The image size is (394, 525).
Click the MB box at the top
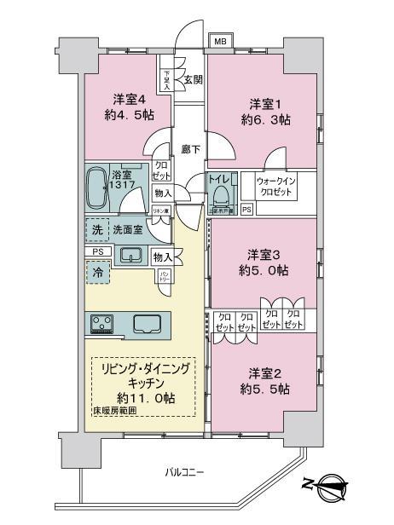220,41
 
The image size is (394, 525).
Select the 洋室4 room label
125,97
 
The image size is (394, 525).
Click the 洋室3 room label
263,255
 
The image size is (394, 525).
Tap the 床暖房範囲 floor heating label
114,412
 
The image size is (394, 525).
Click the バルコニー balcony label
181,471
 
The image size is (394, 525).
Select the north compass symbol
327,488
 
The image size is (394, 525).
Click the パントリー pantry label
164,276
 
